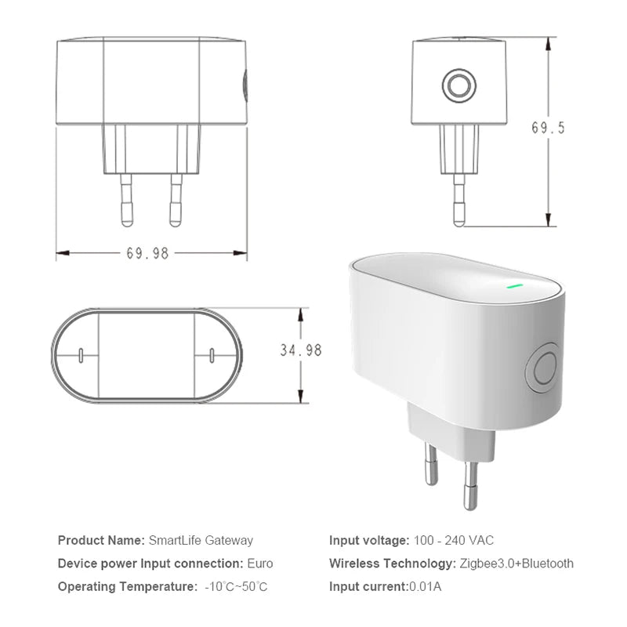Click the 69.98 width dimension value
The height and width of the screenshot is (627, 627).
point(147,253)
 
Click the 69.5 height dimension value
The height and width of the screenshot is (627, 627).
point(548,128)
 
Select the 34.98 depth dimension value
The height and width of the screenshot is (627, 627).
point(301,350)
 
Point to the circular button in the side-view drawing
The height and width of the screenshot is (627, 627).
point(458,85)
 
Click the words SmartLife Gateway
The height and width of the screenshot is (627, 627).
point(201,540)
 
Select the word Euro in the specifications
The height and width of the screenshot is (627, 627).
point(259,564)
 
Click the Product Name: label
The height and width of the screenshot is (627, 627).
point(101,540)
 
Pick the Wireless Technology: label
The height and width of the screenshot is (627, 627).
point(390,564)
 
